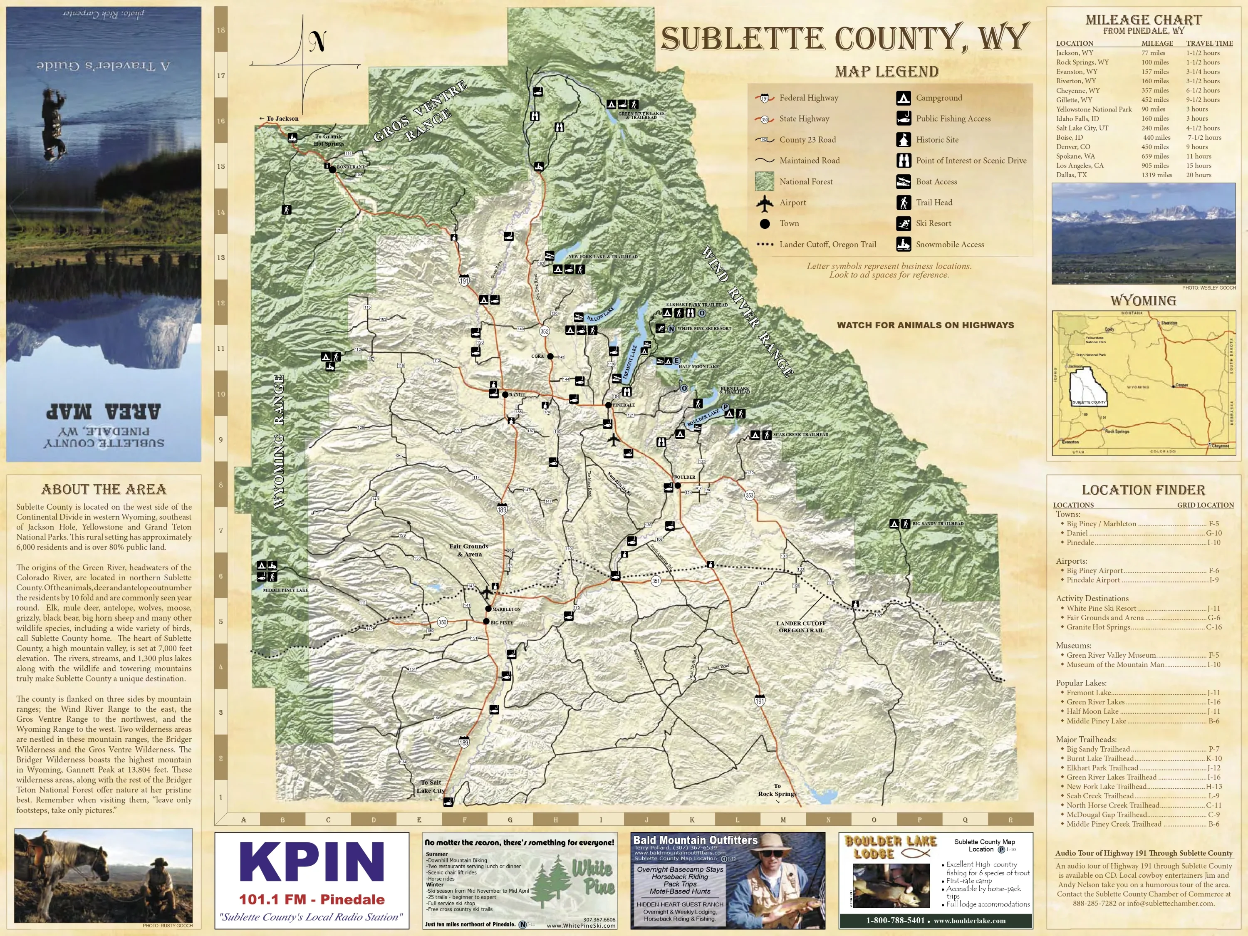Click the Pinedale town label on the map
(x=624, y=405)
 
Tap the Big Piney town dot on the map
(x=486, y=622)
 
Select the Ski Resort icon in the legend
(x=903, y=223)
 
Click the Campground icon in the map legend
(x=903, y=98)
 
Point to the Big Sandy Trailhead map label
(x=938, y=524)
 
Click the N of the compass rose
(x=317, y=42)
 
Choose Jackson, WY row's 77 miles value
(x=1153, y=53)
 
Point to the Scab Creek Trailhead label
(x=801, y=434)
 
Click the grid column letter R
(x=1010, y=820)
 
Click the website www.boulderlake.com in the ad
(x=969, y=921)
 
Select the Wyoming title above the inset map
(x=1143, y=301)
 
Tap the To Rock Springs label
(x=777, y=790)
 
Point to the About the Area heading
(x=104, y=489)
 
